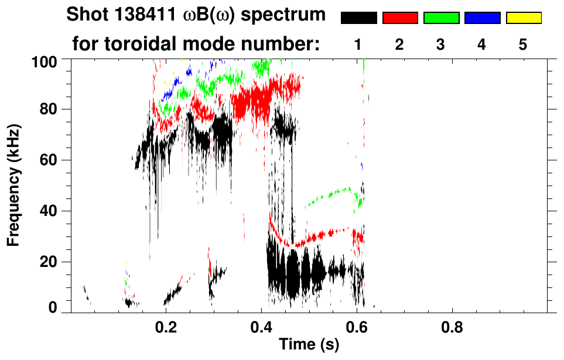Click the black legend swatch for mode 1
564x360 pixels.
359,18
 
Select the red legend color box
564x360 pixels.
400,18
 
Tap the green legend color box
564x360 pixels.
441,18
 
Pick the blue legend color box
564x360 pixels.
482,18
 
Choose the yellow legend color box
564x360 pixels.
523,18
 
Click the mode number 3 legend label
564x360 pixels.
441,44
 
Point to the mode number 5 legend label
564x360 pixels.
523,44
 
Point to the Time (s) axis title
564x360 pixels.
308,345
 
